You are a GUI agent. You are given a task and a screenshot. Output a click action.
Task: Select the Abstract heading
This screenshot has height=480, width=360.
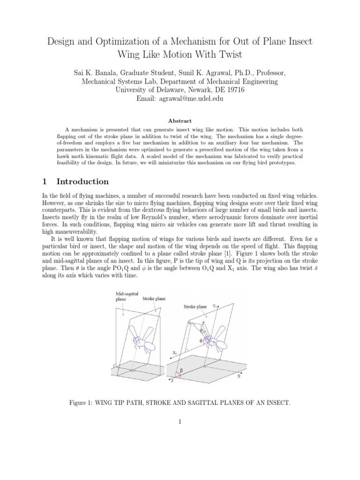(180, 120)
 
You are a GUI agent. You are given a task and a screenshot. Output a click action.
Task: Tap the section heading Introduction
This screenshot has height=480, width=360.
(82, 181)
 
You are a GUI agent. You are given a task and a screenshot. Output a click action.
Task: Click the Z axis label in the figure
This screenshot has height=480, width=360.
(172, 381)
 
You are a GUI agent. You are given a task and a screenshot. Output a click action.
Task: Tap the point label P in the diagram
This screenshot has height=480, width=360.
(202, 323)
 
